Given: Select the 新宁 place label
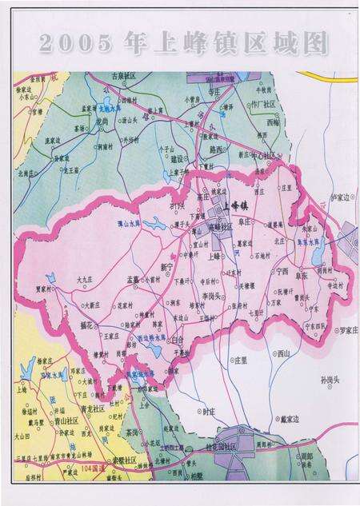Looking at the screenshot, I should [x=168, y=265].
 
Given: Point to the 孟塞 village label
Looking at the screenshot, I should [x=133, y=279].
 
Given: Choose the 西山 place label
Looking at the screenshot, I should [x=283, y=353].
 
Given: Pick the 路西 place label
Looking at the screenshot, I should [x=214, y=149].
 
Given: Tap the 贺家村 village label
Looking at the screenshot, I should [x=46, y=290].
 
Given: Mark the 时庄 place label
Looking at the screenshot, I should [x=210, y=411].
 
